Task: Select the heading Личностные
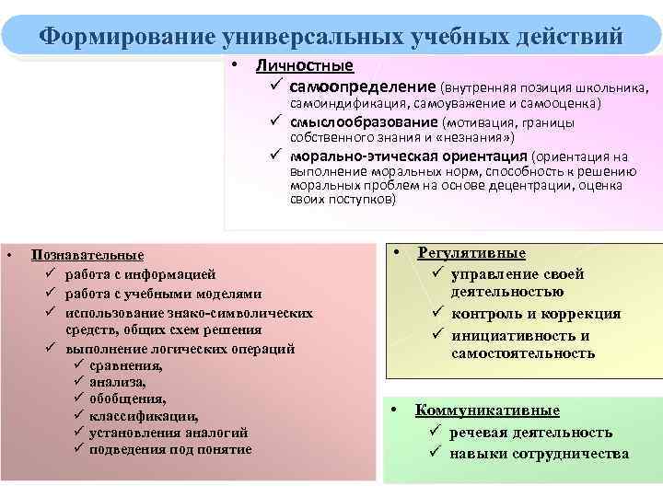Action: tap(304, 66)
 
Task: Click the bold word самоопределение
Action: tap(363, 87)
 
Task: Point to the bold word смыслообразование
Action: tap(365, 121)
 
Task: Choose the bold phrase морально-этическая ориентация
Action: tap(409, 156)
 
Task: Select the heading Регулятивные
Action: tap(471, 253)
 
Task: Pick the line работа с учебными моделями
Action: tap(164, 294)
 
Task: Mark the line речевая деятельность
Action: tap(530, 432)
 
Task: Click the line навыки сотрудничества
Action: tap(539, 453)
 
